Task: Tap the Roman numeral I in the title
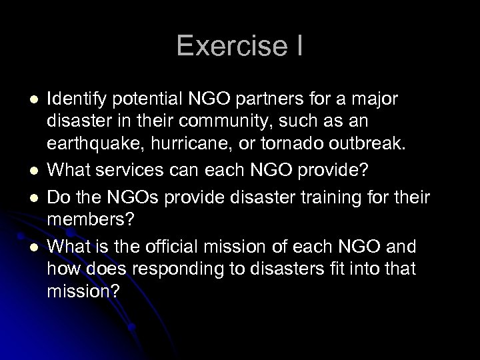[299, 47]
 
